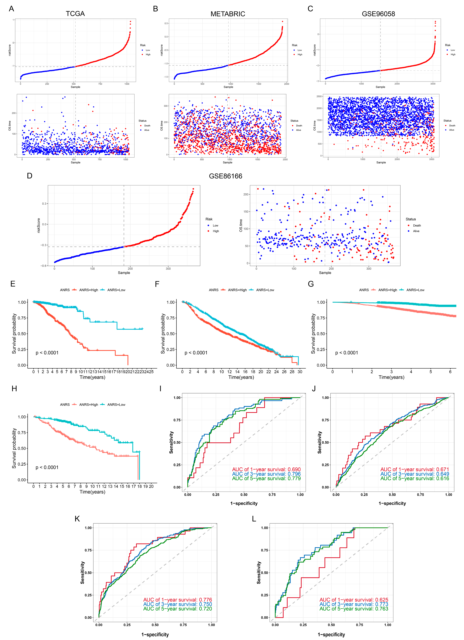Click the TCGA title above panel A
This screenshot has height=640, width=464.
[x=75, y=14]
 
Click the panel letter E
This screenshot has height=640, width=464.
[x=13, y=284]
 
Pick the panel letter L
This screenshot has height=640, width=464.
[x=254, y=519]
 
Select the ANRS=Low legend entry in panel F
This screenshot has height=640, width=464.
[x=265, y=290]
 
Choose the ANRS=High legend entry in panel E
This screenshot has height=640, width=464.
[x=88, y=290]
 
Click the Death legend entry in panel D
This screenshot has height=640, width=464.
[x=417, y=225]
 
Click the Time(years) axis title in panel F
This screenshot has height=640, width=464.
[x=241, y=377]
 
